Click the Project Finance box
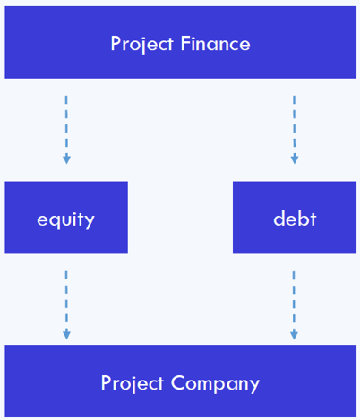click(x=181, y=42)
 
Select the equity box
click(x=66, y=218)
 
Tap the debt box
click(x=295, y=218)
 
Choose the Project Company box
click(x=181, y=381)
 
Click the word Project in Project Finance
click(x=142, y=44)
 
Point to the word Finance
click(x=215, y=43)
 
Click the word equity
click(x=65, y=220)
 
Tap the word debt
click(x=295, y=219)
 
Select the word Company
click(x=215, y=384)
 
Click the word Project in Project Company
click(x=133, y=384)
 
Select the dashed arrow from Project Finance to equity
click(x=66, y=130)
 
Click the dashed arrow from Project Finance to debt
click(x=295, y=130)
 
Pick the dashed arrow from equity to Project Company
click(x=66, y=305)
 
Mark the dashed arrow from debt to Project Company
click(x=294, y=305)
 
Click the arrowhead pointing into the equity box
click(x=66, y=159)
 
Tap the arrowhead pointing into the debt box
click(x=295, y=159)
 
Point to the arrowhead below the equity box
click(x=66, y=334)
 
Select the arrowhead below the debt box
click(x=294, y=334)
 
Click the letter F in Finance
click(x=185, y=44)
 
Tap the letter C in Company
click(x=178, y=383)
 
